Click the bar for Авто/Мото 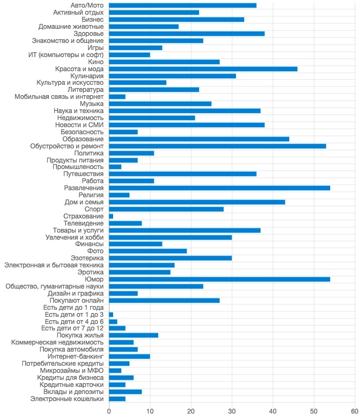tap(183, 5)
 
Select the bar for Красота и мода tap(203, 69)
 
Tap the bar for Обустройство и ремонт tap(218, 146)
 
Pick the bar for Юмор tap(220, 279)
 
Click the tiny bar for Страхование tap(111, 216)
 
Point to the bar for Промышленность tap(115, 167)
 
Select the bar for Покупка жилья tap(133, 335)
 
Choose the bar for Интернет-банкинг tap(129, 357)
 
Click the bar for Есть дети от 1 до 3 tap(111, 315)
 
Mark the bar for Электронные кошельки tap(117, 399)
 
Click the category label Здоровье tap(89, 34)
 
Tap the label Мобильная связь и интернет tap(59, 97)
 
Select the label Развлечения tap(84, 188)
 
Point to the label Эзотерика tap(87, 258)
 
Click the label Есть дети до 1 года tap(73, 308)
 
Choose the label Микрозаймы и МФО tap(72, 371)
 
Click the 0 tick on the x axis tap(109, 411)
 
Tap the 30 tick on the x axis tap(232, 411)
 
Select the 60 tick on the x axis tap(355, 411)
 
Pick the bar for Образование tap(199, 139)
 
